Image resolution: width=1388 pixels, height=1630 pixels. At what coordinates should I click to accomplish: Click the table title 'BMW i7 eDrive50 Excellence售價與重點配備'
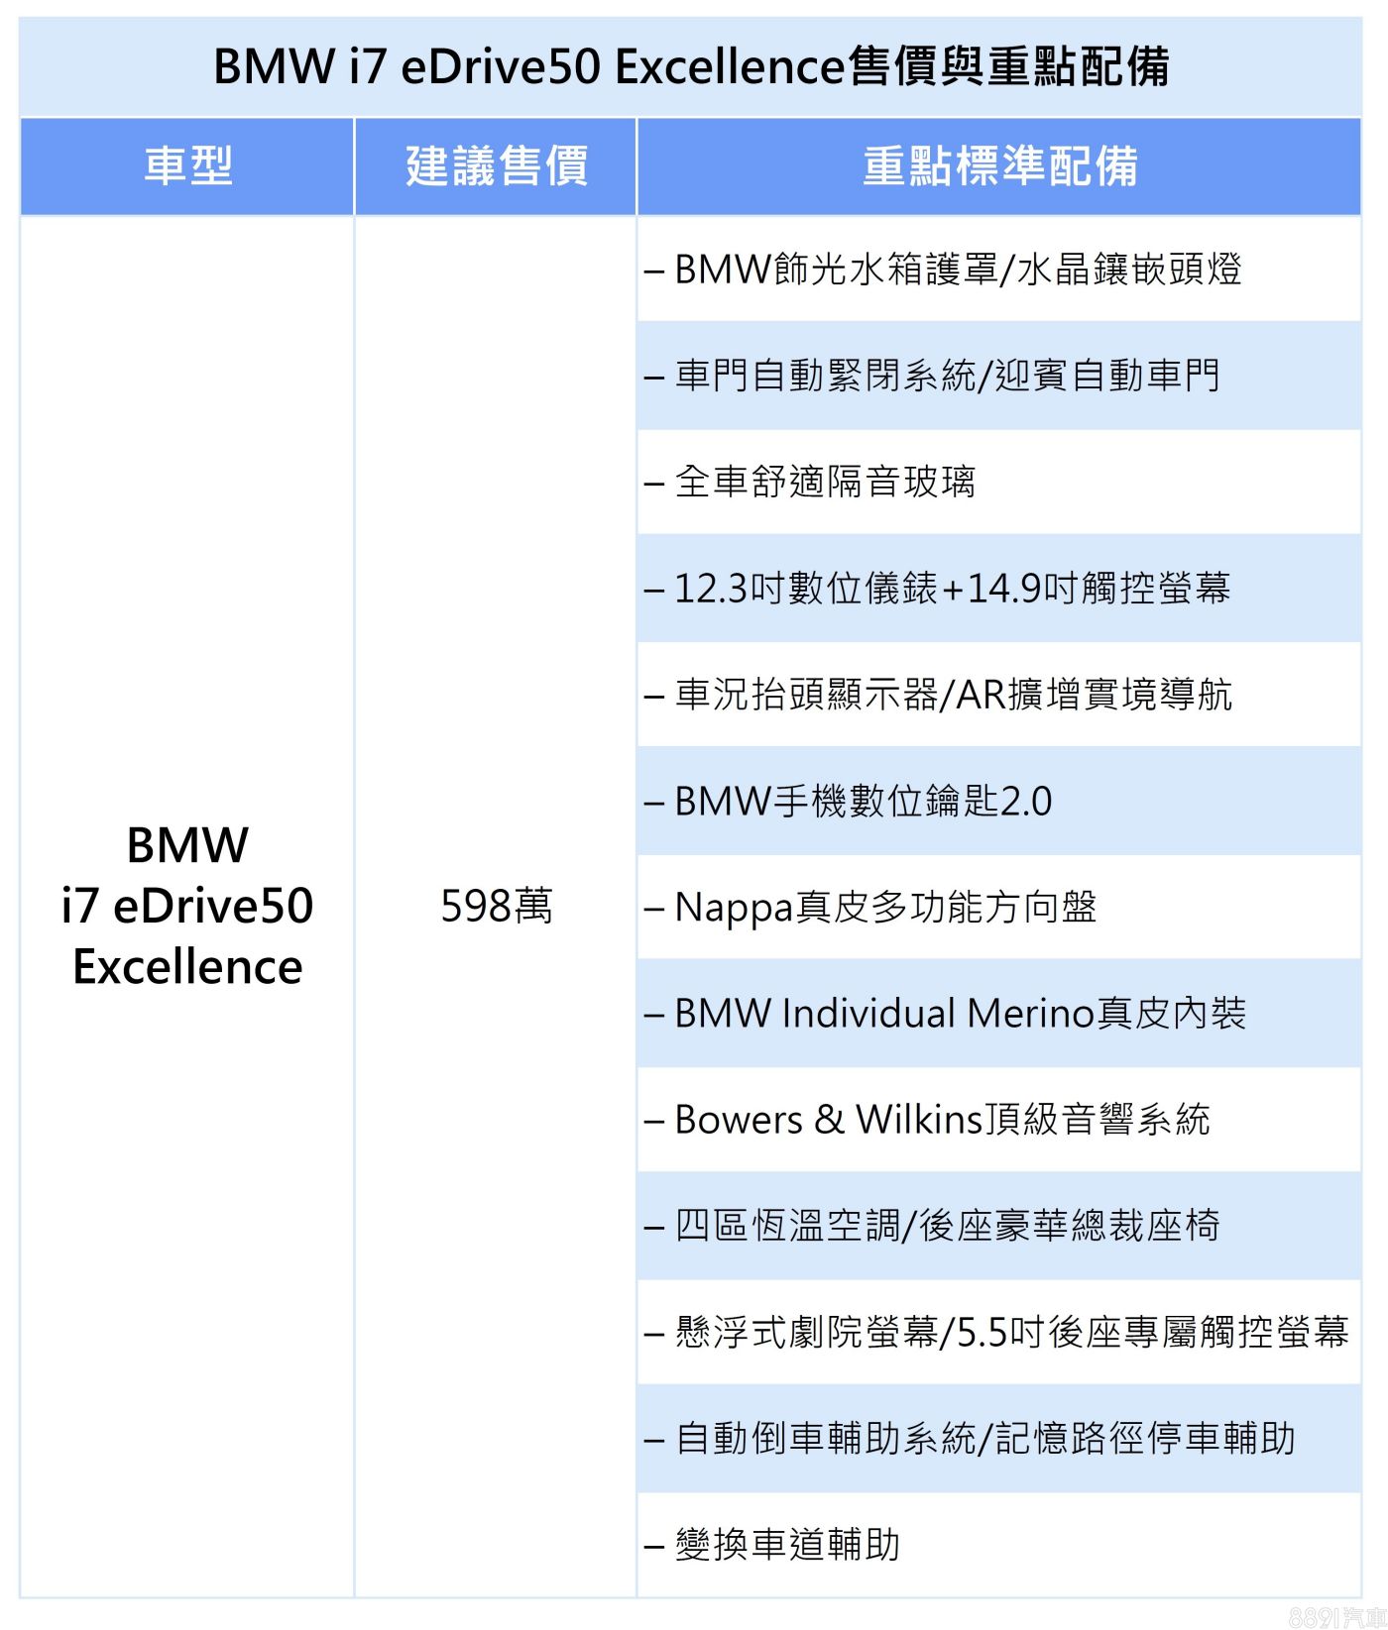click(691, 67)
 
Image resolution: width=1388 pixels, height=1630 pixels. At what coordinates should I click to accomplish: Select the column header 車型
click(187, 166)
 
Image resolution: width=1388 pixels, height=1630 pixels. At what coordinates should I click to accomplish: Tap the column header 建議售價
click(496, 166)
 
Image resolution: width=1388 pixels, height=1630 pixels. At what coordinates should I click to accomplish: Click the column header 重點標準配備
click(999, 166)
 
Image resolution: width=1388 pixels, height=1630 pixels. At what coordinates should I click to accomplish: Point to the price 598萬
click(496, 906)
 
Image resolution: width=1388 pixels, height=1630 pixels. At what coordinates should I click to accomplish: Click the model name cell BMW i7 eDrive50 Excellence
click(187, 906)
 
